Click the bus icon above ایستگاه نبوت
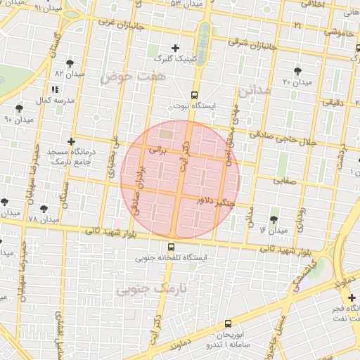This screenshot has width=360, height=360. (194, 95)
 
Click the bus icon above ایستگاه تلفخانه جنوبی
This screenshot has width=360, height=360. (171, 247)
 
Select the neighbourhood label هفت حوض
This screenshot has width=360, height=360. (125, 75)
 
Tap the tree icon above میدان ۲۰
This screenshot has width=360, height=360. (298, 71)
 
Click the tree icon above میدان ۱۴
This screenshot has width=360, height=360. (274, 220)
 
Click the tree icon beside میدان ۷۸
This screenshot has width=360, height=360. (44, 209)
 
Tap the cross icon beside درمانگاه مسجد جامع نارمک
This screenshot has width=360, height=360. (71, 142)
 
